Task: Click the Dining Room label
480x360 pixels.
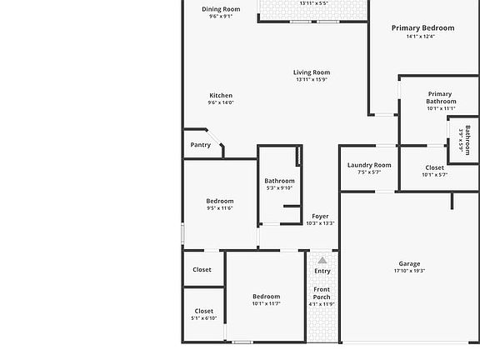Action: [x=221, y=9]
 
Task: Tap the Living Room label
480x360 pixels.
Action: [x=312, y=72]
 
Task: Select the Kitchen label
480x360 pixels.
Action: [x=221, y=96]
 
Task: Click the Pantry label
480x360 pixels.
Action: [x=201, y=145]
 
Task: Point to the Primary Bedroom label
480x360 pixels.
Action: [x=422, y=28]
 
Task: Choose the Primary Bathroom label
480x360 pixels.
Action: [x=441, y=97]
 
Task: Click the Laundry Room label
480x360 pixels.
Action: [x=369, y=165]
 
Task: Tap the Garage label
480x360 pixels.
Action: [x=409, y=264]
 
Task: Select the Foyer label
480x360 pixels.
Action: [x=320, y=217]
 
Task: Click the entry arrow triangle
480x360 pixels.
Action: [x=322, y=261]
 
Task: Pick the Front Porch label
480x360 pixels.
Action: [x=322, y=292]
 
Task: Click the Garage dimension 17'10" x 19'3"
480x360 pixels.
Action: [x=409, y=272]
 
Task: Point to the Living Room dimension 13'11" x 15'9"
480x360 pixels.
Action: [x=312, y=80]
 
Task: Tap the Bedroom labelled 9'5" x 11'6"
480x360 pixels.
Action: [x=220, y=201]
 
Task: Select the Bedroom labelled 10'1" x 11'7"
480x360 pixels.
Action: [x=267, y=297]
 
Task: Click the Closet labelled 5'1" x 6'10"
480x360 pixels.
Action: [x=204, y=311]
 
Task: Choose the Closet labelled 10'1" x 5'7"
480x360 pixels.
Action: [x=434, y=167]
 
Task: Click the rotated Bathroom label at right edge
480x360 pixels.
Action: [x=467, y=139]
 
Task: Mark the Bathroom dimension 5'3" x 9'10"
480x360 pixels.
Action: [x=279, y=188]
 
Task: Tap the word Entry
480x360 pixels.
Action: [x=322, y=271]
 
